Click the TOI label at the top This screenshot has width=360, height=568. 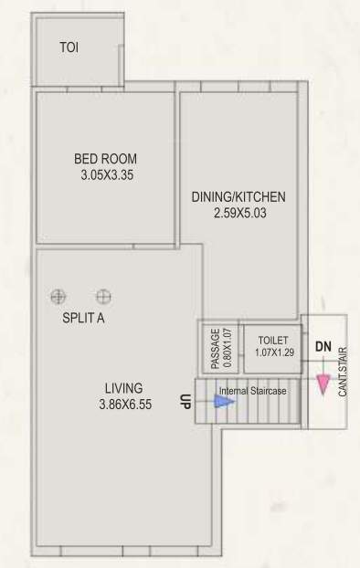(x=69, y=47)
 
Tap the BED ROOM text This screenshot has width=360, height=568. (x=106, y=159)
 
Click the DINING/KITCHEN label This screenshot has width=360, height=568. (x=239, y=196)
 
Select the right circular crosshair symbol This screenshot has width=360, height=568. (x=103, y=296)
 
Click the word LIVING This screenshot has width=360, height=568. (x=122, y=387)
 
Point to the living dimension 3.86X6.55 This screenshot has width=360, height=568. (x=123, y=404)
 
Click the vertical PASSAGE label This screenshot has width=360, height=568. (x=216, y=347)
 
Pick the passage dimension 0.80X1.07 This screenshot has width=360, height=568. (x=228, y=347)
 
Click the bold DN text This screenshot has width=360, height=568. (x=323, y=347)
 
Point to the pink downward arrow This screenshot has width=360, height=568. (x=323, y=384)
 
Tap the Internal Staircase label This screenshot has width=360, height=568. (x=252, y=390)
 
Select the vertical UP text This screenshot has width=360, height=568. (x=185, y=401)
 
